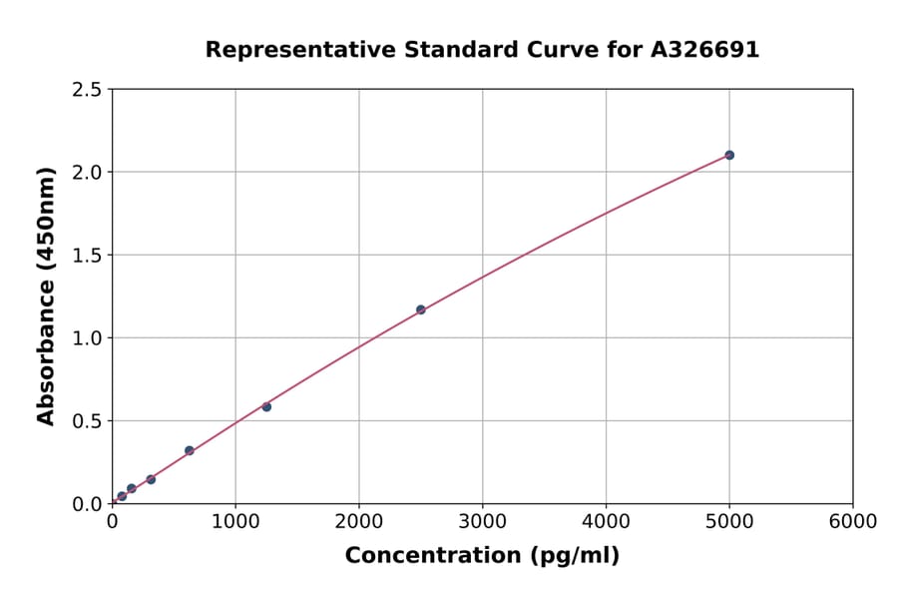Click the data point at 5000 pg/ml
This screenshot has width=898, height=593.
tap(729, 155)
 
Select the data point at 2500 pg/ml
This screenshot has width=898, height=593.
tap(420, 309)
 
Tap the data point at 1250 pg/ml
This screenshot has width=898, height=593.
tap(266, 406)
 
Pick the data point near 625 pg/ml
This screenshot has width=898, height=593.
tap(189, 450)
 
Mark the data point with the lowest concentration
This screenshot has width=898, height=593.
tap(122, 496)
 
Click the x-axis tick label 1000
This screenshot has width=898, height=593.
tap(235, 522)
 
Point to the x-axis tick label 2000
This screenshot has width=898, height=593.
tap(359, 522)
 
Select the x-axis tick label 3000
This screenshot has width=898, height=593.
tap(483, 522)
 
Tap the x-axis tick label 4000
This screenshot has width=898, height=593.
tap(606, 522)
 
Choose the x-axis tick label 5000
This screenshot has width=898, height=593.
tap(729, 522)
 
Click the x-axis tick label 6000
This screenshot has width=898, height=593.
tap(853, 522)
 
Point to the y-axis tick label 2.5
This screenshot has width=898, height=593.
tap(86, 90)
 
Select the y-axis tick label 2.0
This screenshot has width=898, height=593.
tap(86, 173)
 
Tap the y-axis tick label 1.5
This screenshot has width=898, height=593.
tap(86, 256)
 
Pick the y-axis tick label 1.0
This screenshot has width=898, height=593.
tap(86, 338)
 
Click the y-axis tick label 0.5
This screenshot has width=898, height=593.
tap(86, 421)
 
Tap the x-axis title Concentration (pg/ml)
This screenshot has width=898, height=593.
tap(482, 556)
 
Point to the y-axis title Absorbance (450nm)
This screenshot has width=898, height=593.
tap(46, 296)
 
